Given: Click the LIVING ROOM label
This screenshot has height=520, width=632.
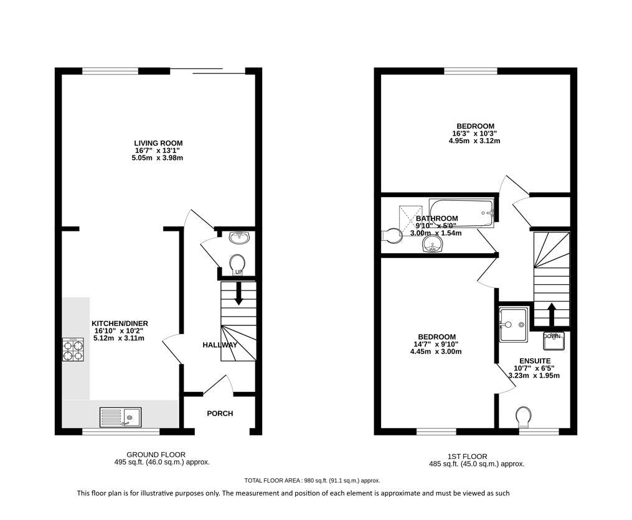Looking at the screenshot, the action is pyautogui.click(x=158, y=143).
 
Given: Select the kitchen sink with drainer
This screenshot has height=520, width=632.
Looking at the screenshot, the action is pyautogui.click(x=121, y=417).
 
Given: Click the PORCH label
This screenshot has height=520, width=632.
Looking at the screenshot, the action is pyautogui.click(x=220, y=414).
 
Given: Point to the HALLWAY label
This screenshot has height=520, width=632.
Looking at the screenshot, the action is pyautogui.click(x=220, y=345).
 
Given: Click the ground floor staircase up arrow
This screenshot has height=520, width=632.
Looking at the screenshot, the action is pyautogui.click(x=238, y=293).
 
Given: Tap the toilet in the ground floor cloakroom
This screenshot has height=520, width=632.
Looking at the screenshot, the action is pyautogui.click(x=237, y=264).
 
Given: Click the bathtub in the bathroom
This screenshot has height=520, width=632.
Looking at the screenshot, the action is pyautogui.click(x=461, y=213).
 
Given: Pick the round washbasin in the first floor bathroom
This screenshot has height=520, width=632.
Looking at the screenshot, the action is pyautogui.click(x=433, y=243).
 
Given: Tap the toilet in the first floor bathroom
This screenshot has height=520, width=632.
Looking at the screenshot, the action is pyautogui.click(x=392, y=236).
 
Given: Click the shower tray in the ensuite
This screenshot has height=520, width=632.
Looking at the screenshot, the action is pyautogui.click(x=513, y=325).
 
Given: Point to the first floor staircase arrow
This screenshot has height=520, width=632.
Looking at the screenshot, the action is pyautogui.click(x=552, y=313).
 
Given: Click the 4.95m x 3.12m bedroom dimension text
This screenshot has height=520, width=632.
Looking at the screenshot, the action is pyautogui.click(x=474, y=141).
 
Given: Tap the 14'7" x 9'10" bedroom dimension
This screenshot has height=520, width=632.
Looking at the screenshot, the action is pyautogui.click(x=437, y=344).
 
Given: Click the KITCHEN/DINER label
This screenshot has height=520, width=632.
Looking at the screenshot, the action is pyautogui.click(x=120, y=323).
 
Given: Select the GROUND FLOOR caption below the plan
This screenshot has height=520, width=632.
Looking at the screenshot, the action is pyautogui.click(x=156, y=455).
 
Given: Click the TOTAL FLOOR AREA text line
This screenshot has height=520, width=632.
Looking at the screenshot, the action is pyautogui.click(x=313, y=481).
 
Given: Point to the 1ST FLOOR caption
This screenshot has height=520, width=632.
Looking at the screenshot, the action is pyautogui.click(x=468, y=457).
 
